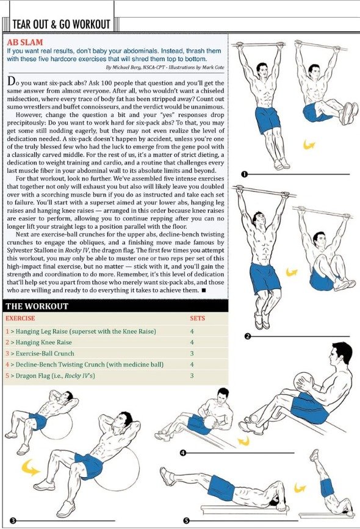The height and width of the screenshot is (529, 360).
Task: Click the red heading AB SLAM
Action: coord(25,42)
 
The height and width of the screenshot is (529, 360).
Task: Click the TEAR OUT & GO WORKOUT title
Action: coord(61,24)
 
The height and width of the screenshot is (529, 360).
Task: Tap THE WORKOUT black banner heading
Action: coord(37,306)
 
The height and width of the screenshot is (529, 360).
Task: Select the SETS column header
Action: coord(197,318)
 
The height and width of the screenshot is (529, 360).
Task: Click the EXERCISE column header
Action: coord(20,318)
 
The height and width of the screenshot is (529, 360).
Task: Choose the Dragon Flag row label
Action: coord(50,376)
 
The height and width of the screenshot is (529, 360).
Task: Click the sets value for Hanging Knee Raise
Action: coord(192,342)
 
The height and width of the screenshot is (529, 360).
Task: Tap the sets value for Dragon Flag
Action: coord(192,376)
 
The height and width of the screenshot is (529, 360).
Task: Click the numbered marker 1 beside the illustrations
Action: coord(245,174)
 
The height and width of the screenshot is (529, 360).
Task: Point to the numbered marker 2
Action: coord(248,336)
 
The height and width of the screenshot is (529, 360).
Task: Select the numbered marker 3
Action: coord(13,521)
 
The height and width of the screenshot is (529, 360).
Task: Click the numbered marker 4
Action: coord(183,453)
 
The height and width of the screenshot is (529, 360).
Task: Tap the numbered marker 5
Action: coord(186,521)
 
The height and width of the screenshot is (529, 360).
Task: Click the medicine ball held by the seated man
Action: coord(304,382)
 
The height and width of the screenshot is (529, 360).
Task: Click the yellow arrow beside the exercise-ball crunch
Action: coord(31,467)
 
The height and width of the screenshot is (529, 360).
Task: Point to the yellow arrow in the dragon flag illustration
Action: coord(300,488)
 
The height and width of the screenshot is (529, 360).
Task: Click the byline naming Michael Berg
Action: coord(165,67)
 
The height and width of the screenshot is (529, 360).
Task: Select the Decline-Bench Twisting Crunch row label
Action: coord(84,365)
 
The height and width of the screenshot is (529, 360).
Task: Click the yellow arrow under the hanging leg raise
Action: coord(309,145)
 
